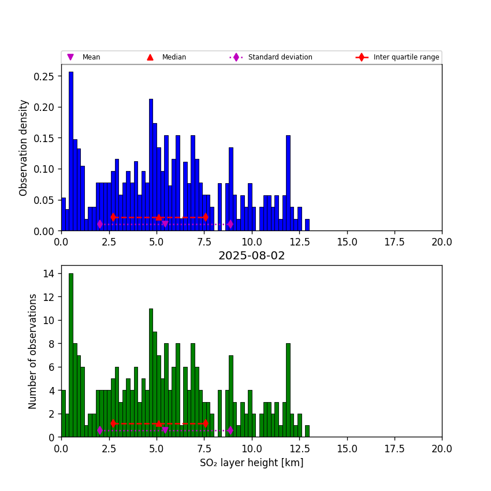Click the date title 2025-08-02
pos(251,256)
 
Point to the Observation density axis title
pos(24,147)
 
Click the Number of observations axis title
pos(33,351)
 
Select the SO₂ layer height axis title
pos(251,463)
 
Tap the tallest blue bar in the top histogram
pos(71,151)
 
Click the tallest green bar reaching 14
pos(71,355)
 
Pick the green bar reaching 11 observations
pos(151,373)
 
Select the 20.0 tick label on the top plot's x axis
pos(442,241)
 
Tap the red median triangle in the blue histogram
pos(159,217)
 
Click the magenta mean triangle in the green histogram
pos(165,430)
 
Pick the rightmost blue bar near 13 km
pos(307,225)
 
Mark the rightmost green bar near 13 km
pos(307,431)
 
